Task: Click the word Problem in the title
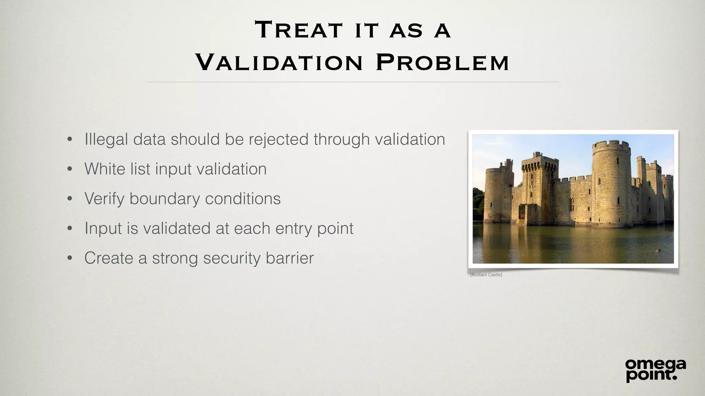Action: click(x=442, y=63)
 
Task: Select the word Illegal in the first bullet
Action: click(x=106, y=140)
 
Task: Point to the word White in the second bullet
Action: click(x=105, y=169)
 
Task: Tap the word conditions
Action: click(x=243, y=199)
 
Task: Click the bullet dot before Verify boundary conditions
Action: click(x=70, y=199)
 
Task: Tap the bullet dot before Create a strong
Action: click(x=70, y=258)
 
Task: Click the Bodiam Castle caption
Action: click(x=486, y=275)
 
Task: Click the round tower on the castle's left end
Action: click(x=498, y=194)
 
